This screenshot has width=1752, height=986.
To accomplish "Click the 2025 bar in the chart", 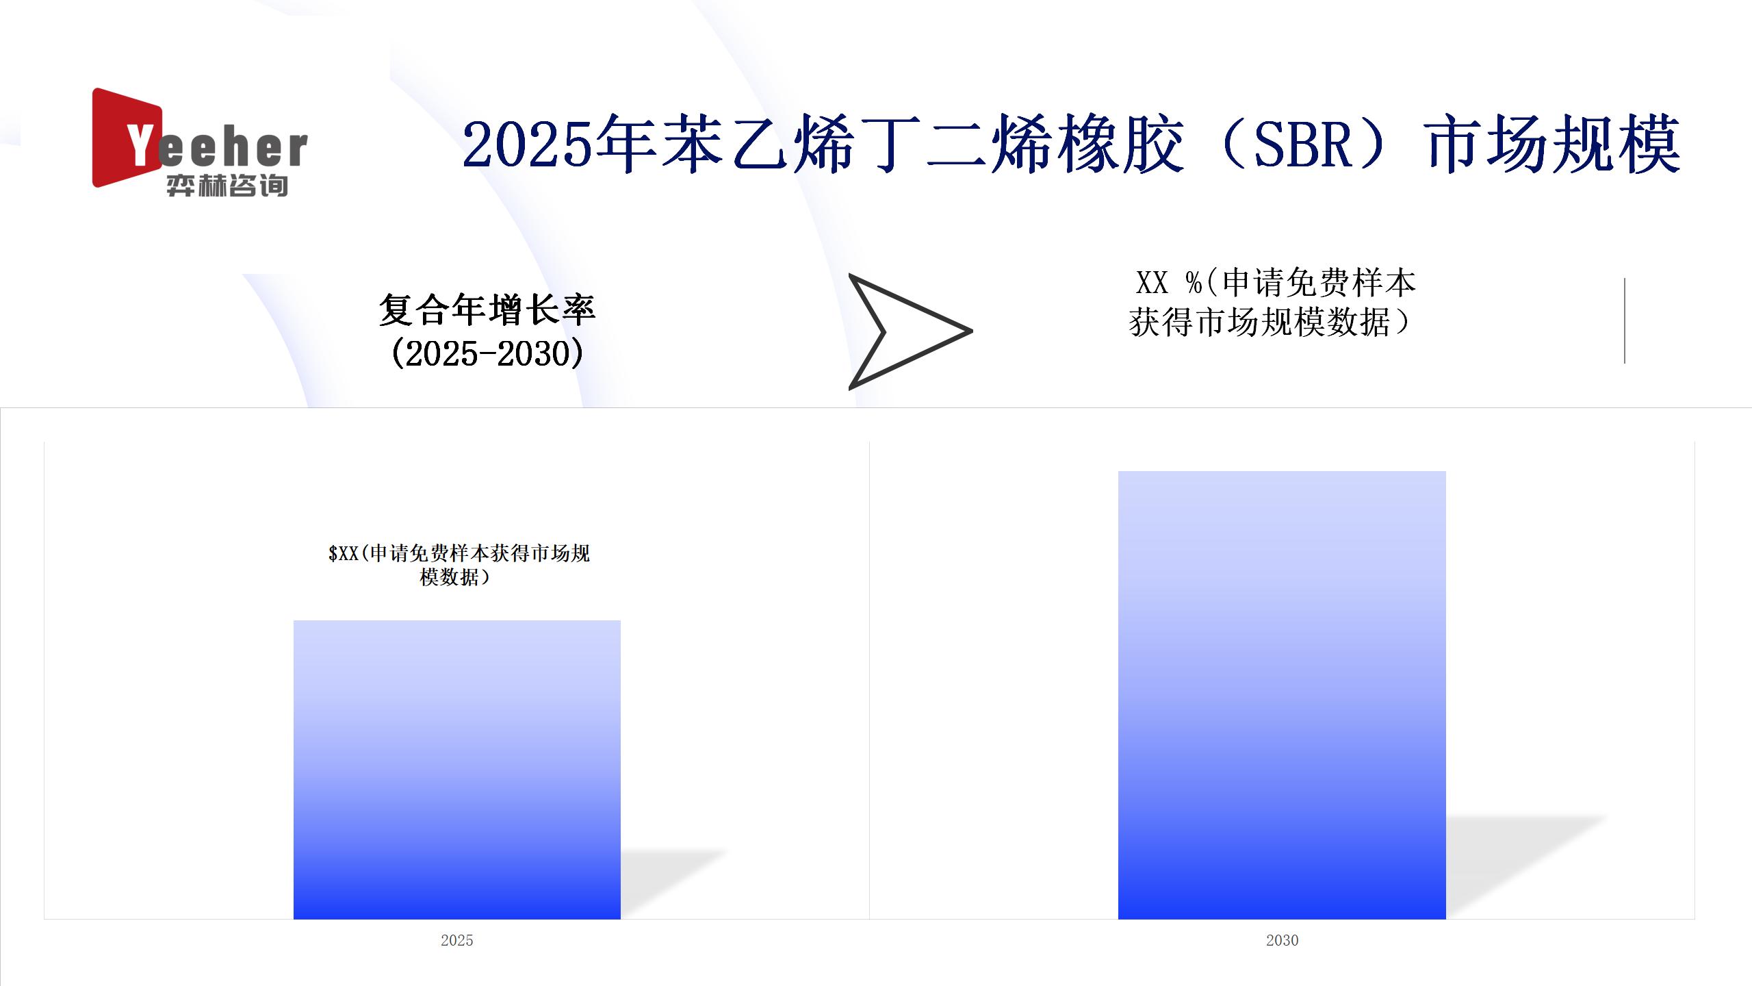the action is click(456, 770).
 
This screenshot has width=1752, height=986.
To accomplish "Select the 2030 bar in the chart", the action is click(1282, 695).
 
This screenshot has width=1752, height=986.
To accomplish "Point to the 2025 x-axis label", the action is click(456, 940).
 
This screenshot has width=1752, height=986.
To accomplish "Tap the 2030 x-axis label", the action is click(1282, 940).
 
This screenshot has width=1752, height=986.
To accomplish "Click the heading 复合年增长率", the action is click(487, 309).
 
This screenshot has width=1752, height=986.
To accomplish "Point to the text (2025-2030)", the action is click(487, 353).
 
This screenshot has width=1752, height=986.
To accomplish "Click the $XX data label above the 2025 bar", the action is click(459, 565).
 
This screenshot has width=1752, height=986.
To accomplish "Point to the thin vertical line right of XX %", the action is click(1624, 320).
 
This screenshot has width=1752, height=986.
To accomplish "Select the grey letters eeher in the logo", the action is click(233, 149).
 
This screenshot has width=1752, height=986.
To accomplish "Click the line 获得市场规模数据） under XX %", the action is click(1272, 323).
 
